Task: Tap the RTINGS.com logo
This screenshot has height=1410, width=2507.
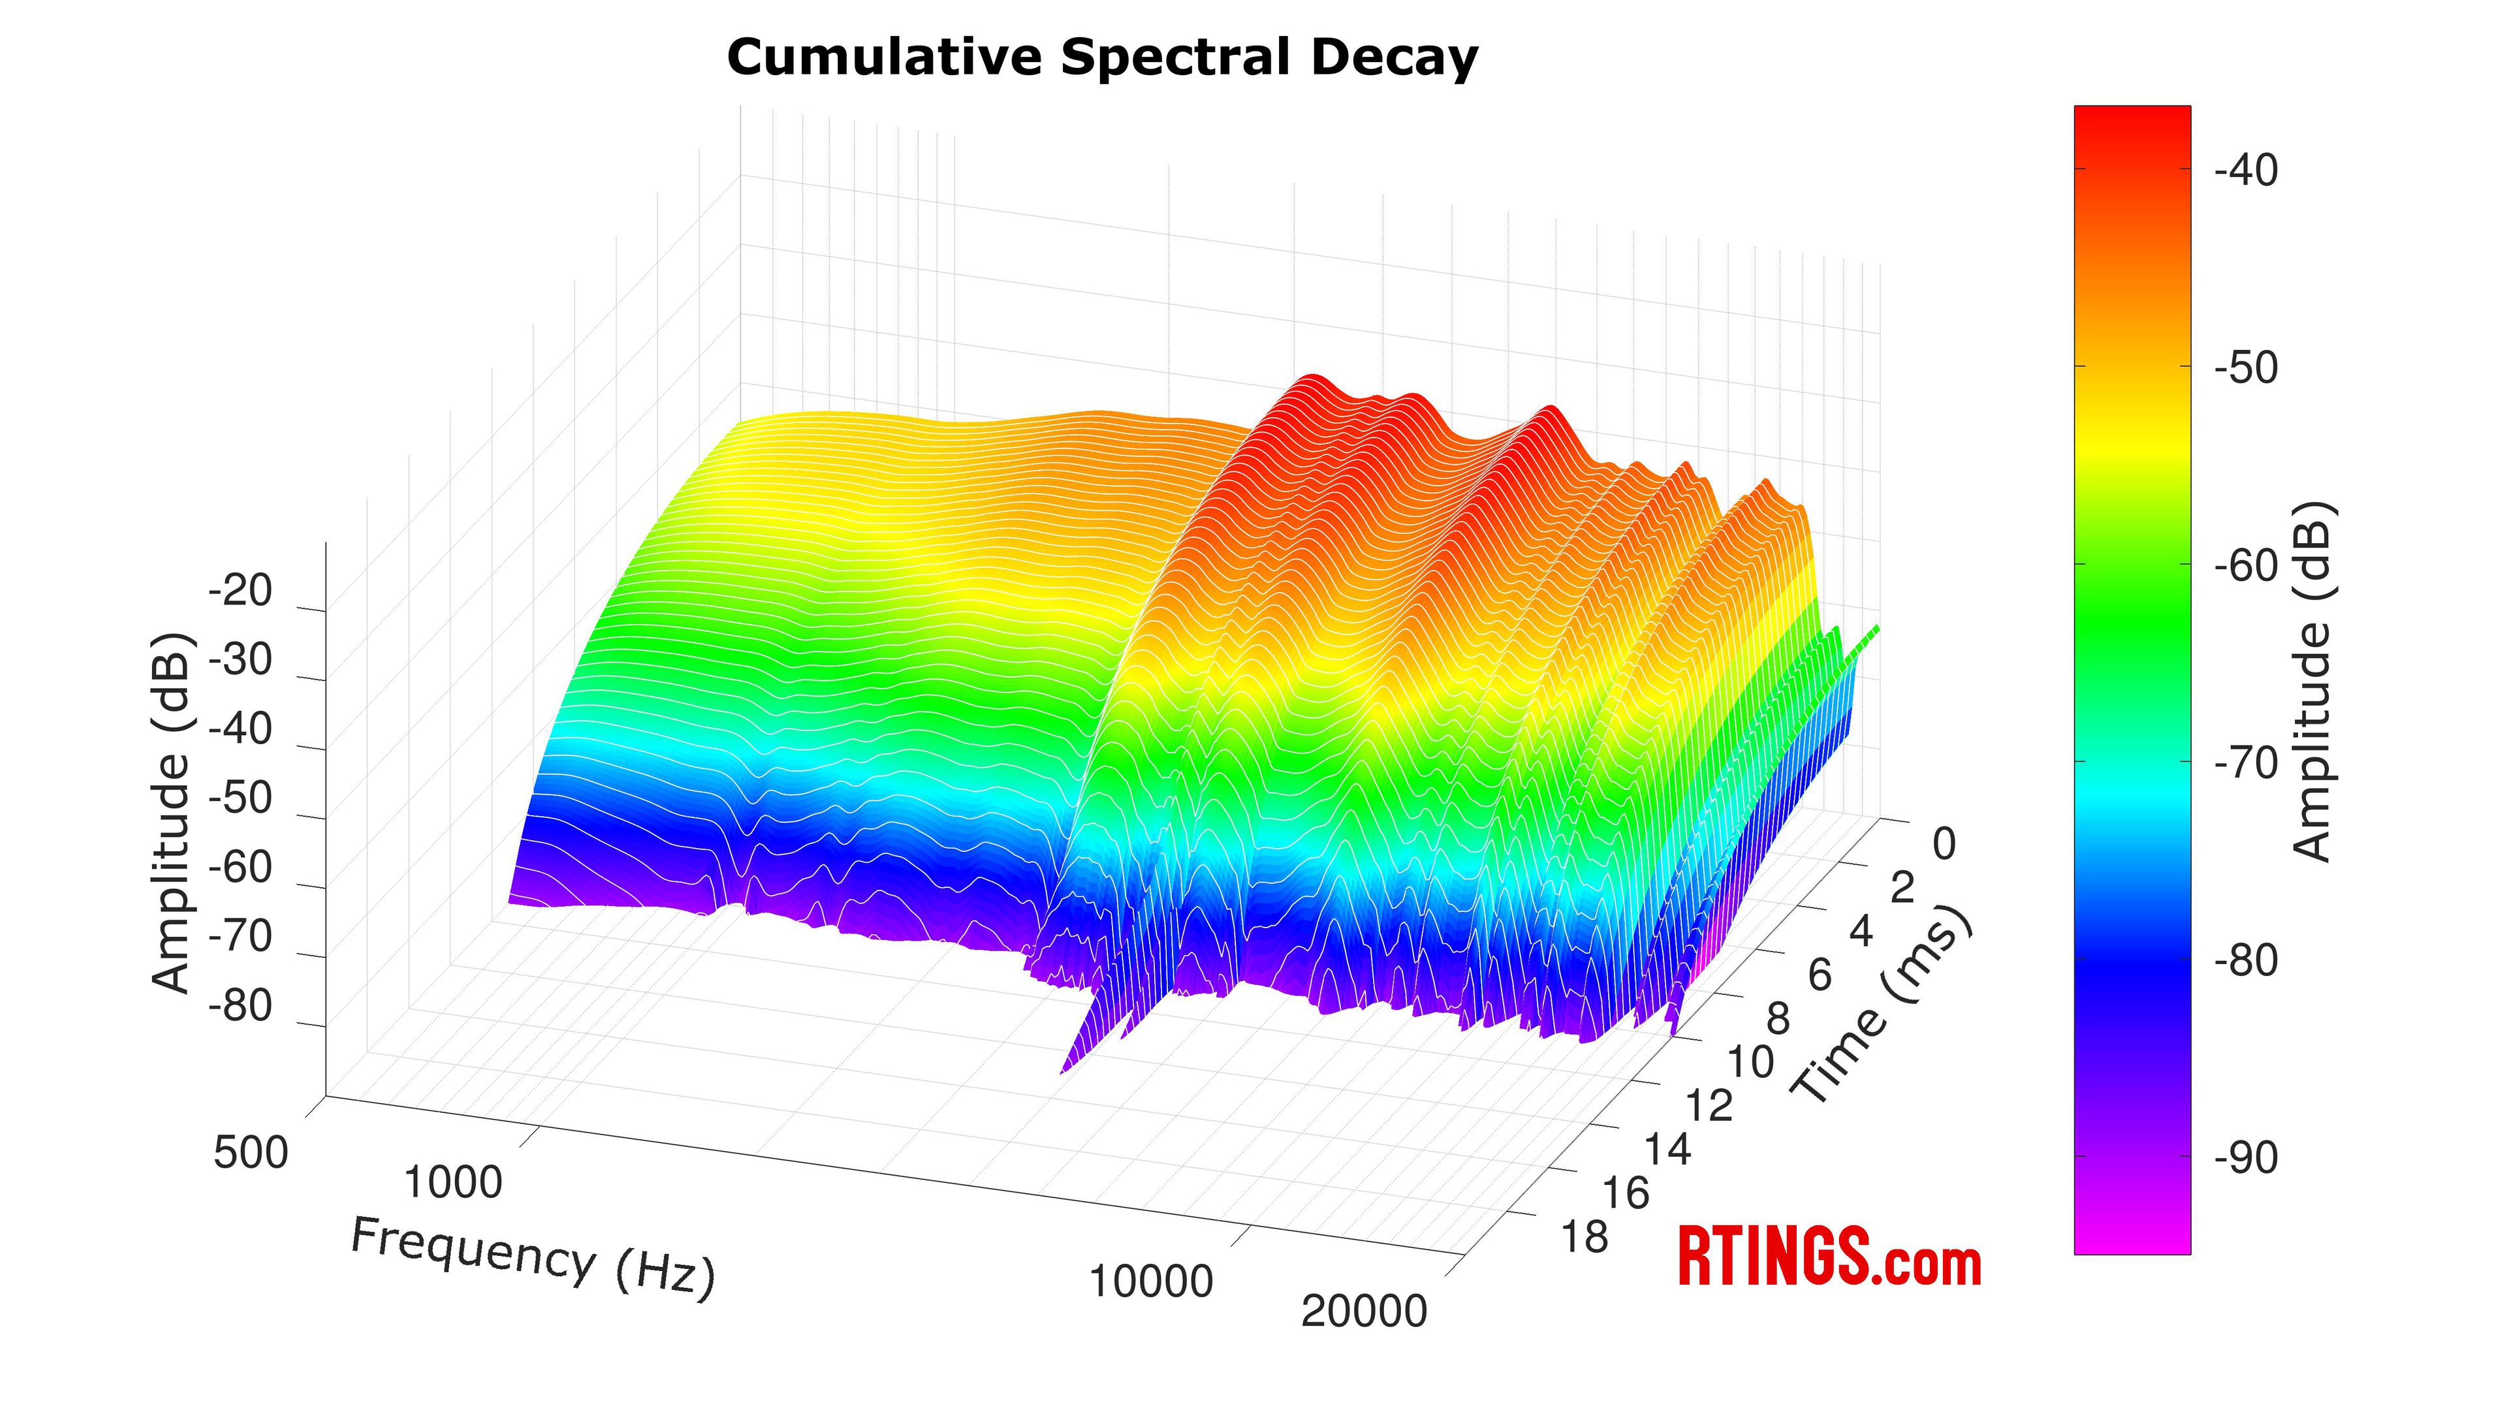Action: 1829,1257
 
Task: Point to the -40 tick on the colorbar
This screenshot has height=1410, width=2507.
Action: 2245,171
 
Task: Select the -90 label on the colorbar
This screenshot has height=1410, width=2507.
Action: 2245,1159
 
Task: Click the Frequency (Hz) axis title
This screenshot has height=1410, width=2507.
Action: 532,1255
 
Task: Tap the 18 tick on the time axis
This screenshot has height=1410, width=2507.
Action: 1585,1238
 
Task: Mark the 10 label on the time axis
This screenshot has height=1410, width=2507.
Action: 1749,1061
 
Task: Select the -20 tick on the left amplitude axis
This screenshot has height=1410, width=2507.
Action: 240,591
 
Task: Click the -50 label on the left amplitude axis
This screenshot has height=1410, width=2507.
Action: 240,798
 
